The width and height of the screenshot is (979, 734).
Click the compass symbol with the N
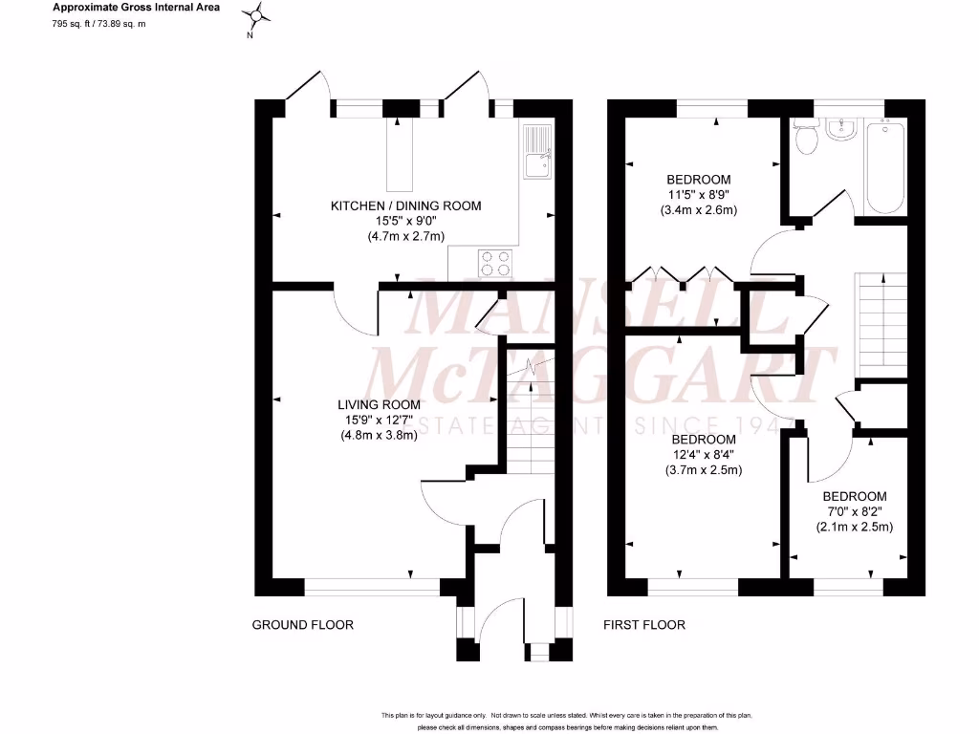(256, 17)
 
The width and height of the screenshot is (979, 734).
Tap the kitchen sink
(536, 154)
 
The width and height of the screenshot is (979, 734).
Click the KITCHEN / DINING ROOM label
(406, 205)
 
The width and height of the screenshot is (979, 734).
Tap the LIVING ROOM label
(380, 404)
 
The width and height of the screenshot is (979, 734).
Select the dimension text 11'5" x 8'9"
(699, 195)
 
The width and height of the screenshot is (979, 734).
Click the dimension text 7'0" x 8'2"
(854, 511)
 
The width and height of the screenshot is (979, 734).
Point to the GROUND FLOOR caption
(302, 625)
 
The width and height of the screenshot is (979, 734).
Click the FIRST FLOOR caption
(643, 625)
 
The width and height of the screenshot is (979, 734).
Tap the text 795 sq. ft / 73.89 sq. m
(98, 25)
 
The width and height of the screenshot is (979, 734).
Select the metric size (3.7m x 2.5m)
(704, 470)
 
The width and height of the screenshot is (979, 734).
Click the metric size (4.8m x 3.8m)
(380, 435)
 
